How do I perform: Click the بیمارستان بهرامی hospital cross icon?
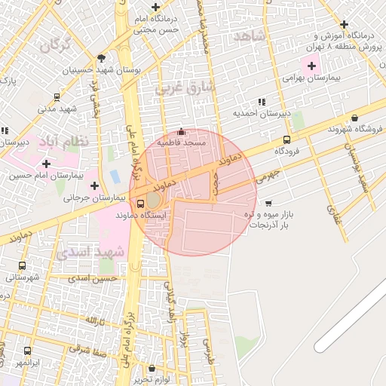[x=311, y=66]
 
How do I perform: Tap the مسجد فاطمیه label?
[x=180, y=142]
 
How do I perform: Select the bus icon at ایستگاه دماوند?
[x=140, y=203]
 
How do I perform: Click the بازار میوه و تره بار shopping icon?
[x=268, y=203]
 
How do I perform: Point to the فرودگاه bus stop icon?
[x=286, y=139]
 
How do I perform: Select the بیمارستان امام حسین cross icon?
[x=47, y=164]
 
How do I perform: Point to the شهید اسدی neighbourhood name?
[x=100, y=251]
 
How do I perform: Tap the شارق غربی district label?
[x=185, y=88]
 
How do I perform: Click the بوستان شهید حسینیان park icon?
[x=102, y=58]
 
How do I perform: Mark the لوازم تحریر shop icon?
[x=154, y=368]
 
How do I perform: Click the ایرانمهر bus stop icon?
[x=28, y=351]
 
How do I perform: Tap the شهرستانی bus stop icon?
[x=22, y=265]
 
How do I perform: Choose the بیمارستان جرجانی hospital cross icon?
[x=94, y=185]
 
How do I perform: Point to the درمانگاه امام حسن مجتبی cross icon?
[x=155, y=7]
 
